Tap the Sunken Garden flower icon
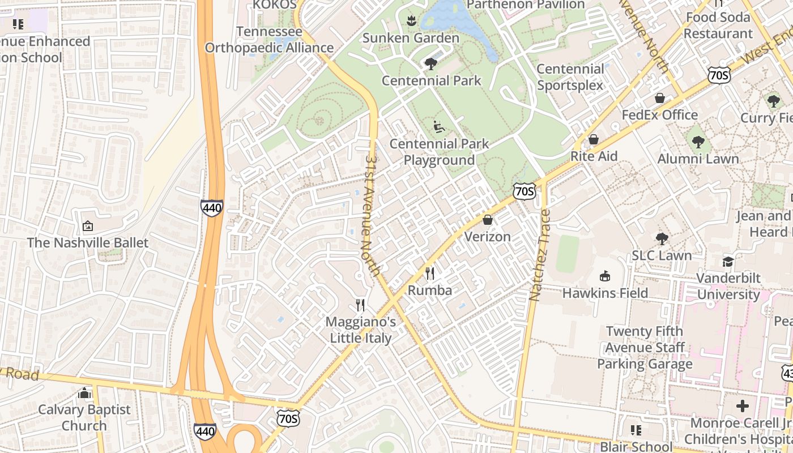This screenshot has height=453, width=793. tap(411, 22)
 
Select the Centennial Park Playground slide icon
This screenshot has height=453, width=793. tap(439, 127)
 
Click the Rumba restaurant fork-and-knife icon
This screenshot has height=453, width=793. tap(430, 274)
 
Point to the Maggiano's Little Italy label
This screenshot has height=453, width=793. tap(361, 330)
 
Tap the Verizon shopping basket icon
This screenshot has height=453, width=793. tap(488, 220)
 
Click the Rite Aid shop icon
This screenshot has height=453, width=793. tap(594, 139)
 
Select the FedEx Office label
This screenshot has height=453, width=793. tap(659, 115)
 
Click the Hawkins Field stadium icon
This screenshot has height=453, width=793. tap(605, 276)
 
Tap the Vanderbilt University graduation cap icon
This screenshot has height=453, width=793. tap(728, 262)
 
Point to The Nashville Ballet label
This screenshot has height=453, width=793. tap(88, 243)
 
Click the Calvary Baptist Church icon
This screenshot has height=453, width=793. tap(84, 393)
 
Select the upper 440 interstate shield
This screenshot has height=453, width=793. tap(211, 208)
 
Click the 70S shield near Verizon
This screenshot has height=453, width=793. tap(524, 191)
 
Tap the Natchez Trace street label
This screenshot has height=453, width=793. tap(540, 255)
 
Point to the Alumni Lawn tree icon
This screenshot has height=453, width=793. tap(698, 142)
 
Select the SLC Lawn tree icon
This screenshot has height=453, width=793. tap(662, 239)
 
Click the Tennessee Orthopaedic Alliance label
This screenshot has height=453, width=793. tap(269, 40)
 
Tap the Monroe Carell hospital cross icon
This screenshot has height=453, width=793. tap(743, 406)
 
